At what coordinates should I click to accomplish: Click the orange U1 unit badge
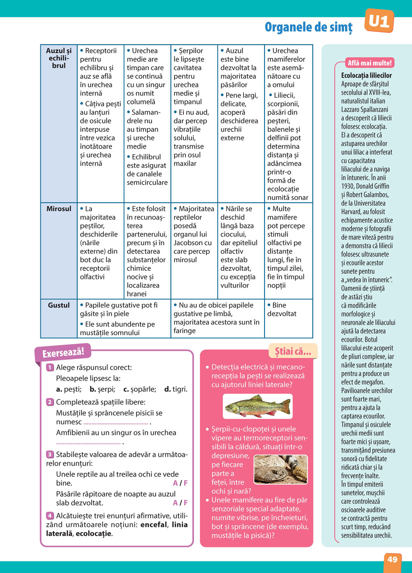click(x=379, y=21)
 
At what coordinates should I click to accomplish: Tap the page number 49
click(x=392, y=559)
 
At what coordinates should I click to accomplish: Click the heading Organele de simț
click(x=309, y=27)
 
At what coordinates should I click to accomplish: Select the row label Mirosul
click(x=59, y=209)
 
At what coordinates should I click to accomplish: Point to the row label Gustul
click(x=59, y=305)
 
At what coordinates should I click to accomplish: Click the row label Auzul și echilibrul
click(x=59, y=58)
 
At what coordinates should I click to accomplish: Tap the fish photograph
click(x=257, y=406)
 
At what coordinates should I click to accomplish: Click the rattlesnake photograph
click(x=281, y=469)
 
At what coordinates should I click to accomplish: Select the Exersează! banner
click(x=63, y=352)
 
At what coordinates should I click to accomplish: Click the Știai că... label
click(x=293, y=352)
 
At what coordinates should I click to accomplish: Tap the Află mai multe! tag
click(x=370, y=63)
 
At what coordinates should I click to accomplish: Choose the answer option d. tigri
click(x=176, y=389)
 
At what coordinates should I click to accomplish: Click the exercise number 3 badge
click(x=50, y=454)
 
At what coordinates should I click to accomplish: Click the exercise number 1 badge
click(x=50, y=367)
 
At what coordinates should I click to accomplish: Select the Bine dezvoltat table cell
click(x=282, y=309)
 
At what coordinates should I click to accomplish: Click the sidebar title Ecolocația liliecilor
click(x=366, y=75)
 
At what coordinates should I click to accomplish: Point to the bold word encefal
click(x=154, y=525)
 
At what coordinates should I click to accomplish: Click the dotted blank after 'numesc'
click(x=116, y=423)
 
